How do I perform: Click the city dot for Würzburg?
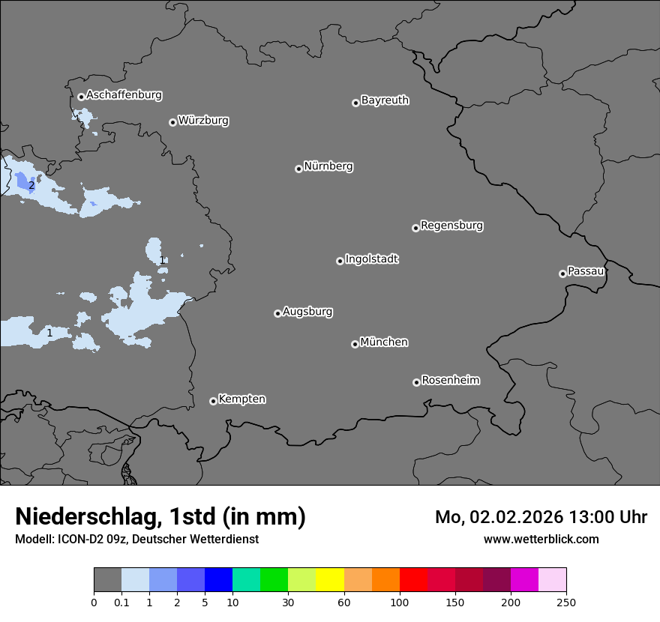coord(172,122)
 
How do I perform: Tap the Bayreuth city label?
coord(385,100)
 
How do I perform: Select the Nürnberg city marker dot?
coord(298,169)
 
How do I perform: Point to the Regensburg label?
coord(451,226)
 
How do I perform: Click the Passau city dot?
coord(562,274)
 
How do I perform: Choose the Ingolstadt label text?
coord(371,259)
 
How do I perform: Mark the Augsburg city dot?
coord(277,313)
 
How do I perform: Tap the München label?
coord(384,342)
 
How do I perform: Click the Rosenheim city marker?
coord(416,383)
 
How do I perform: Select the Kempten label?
coord(241,399)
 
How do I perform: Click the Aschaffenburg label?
coord(124,95)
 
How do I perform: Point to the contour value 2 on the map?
coord(31,185)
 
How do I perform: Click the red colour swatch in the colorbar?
coord(413,580)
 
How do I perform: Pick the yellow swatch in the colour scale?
coord(329,580)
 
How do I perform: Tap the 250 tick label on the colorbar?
coord(566,602)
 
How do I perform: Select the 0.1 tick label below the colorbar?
coord(121,602)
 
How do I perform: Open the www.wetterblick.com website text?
coord(541,539)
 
